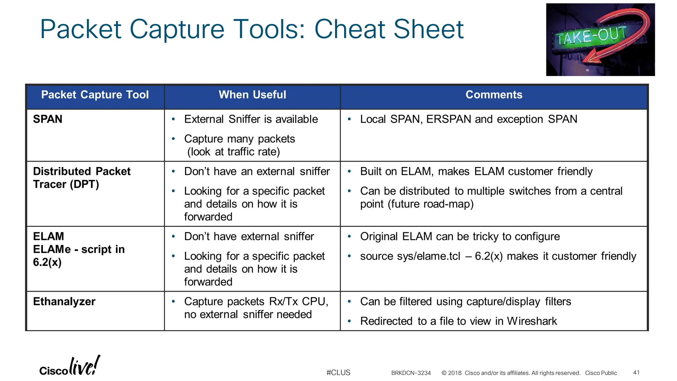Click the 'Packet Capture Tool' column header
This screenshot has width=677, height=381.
pyautogui.click(x=95, y=95)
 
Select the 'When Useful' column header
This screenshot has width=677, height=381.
pyautogui.click(x=252, y=95)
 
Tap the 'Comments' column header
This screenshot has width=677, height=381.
pyautogui.click(x=494, y=95)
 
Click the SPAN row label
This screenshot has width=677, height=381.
pyautogui.click(x=48, y=119)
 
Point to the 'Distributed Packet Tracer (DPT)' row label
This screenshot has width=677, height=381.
pyautogui.click(x=82, y=178)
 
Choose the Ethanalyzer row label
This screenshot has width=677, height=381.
pyautogui.click(x=64, y=302)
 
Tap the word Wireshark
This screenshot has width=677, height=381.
pyautogui.click(x=532, y=321)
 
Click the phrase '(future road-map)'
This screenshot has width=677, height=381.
pyautogui.click(x=431, y=204)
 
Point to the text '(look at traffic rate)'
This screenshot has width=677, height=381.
pyautogui.click(x=233, y=152)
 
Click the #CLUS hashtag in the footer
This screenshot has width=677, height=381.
pyautogui.click(x=338, y=373)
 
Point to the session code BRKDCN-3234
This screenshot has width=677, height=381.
pyautogui.click(x=411, y=373)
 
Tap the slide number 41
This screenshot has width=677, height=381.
pyautogui.click(x=636, y=373)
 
